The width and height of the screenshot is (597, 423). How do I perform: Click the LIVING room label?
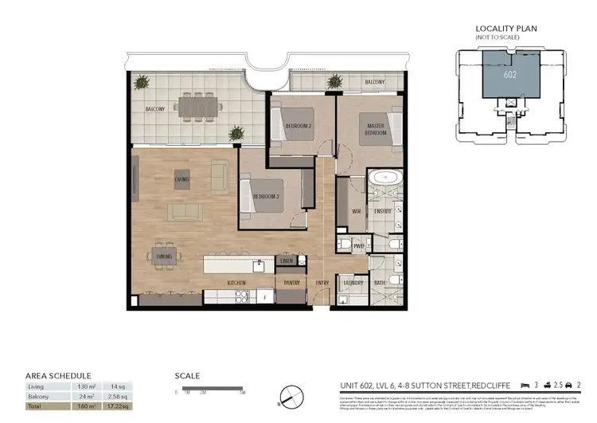tap(182, 180)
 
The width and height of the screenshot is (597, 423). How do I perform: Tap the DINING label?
tap(165, 257)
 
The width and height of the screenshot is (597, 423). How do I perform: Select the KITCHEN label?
tap(236, 283)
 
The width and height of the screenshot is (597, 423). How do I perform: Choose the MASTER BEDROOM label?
tap(376, 129)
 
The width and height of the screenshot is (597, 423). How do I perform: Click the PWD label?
tap(358, 247)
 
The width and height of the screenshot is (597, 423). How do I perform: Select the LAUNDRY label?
tap(353, 283)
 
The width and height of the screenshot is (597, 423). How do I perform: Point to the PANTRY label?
tap(289, 283)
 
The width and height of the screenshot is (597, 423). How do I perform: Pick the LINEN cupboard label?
tap(287, 260)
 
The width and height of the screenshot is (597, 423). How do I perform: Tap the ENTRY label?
tap(322, 283)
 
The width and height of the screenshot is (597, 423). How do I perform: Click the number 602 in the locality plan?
tap(510, 76)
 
